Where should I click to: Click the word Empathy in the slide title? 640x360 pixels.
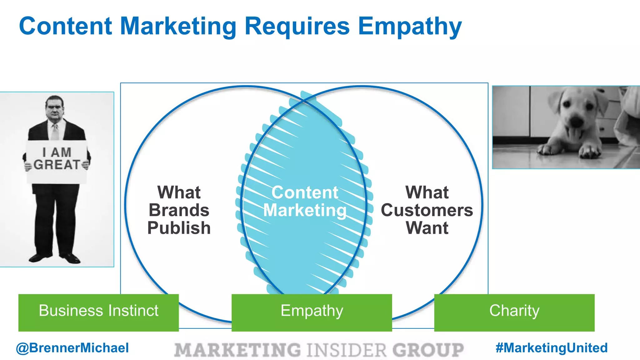(x=410, y=27)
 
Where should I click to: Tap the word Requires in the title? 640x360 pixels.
(x=297, y=26)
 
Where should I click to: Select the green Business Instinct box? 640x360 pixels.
(x=98, y=312)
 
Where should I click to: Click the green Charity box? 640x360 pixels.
(x=514, y=312)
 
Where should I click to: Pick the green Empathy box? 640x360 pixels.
(x=312, y=312)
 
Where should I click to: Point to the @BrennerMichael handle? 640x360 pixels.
(x=72, y=348)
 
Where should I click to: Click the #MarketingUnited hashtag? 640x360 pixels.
(x=552, y=348)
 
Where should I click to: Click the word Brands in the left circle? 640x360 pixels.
(x=179, y=210)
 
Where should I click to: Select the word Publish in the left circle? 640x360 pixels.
(x=179, y=228)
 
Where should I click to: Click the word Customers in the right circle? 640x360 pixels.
(x=427, y=210)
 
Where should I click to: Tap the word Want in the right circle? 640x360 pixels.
(x=427, y=228)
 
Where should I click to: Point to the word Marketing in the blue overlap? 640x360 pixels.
(x=305, y=210)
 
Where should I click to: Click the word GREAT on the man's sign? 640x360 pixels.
(x=57, y=165)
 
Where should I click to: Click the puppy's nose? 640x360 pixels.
(x=575, y=120)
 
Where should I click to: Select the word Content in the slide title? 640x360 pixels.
(x=66, y=26)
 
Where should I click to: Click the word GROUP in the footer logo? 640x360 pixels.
(x=428, y=350)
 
